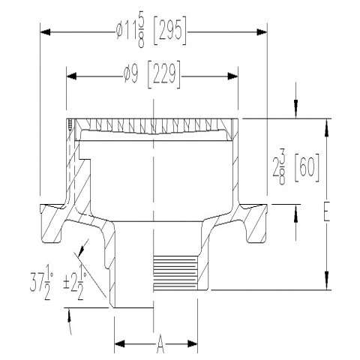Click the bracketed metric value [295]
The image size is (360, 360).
pyautogui.click(x=170, y=31)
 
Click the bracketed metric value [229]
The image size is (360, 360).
pyautogui.click(x=164, y=74)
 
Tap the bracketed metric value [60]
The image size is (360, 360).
pyautogui.click(x=307, y=167)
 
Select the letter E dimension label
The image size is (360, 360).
pyautogui.click(x=326, y=211)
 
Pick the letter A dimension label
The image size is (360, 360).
pyautogui.click(x=160, y=344)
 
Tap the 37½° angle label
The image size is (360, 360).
pyautogui.click(x=41, y=286)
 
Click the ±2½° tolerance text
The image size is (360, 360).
pyautogui.click(x=75, y=286)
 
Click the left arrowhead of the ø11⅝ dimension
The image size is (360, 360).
pyautogui.click(x=45, y=32)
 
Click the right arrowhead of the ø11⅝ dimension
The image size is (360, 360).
pyautogui.click(x=262, y=32)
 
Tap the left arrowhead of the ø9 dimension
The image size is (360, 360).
pyautogui.click(x=71, y=76)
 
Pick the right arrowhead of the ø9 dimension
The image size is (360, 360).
pyautogui.click(x=232, y=76)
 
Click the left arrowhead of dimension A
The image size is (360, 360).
pyautogui.click(x=119, y=343)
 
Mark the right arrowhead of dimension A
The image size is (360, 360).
pyautogui.click(x=193, y=343)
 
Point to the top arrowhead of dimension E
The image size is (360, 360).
pyautogui.click(x=326, y=128)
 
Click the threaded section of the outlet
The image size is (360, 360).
pyautogui.click(x=175, y=273)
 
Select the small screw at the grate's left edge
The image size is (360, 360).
pyautogui.click(x=70, y=125)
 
